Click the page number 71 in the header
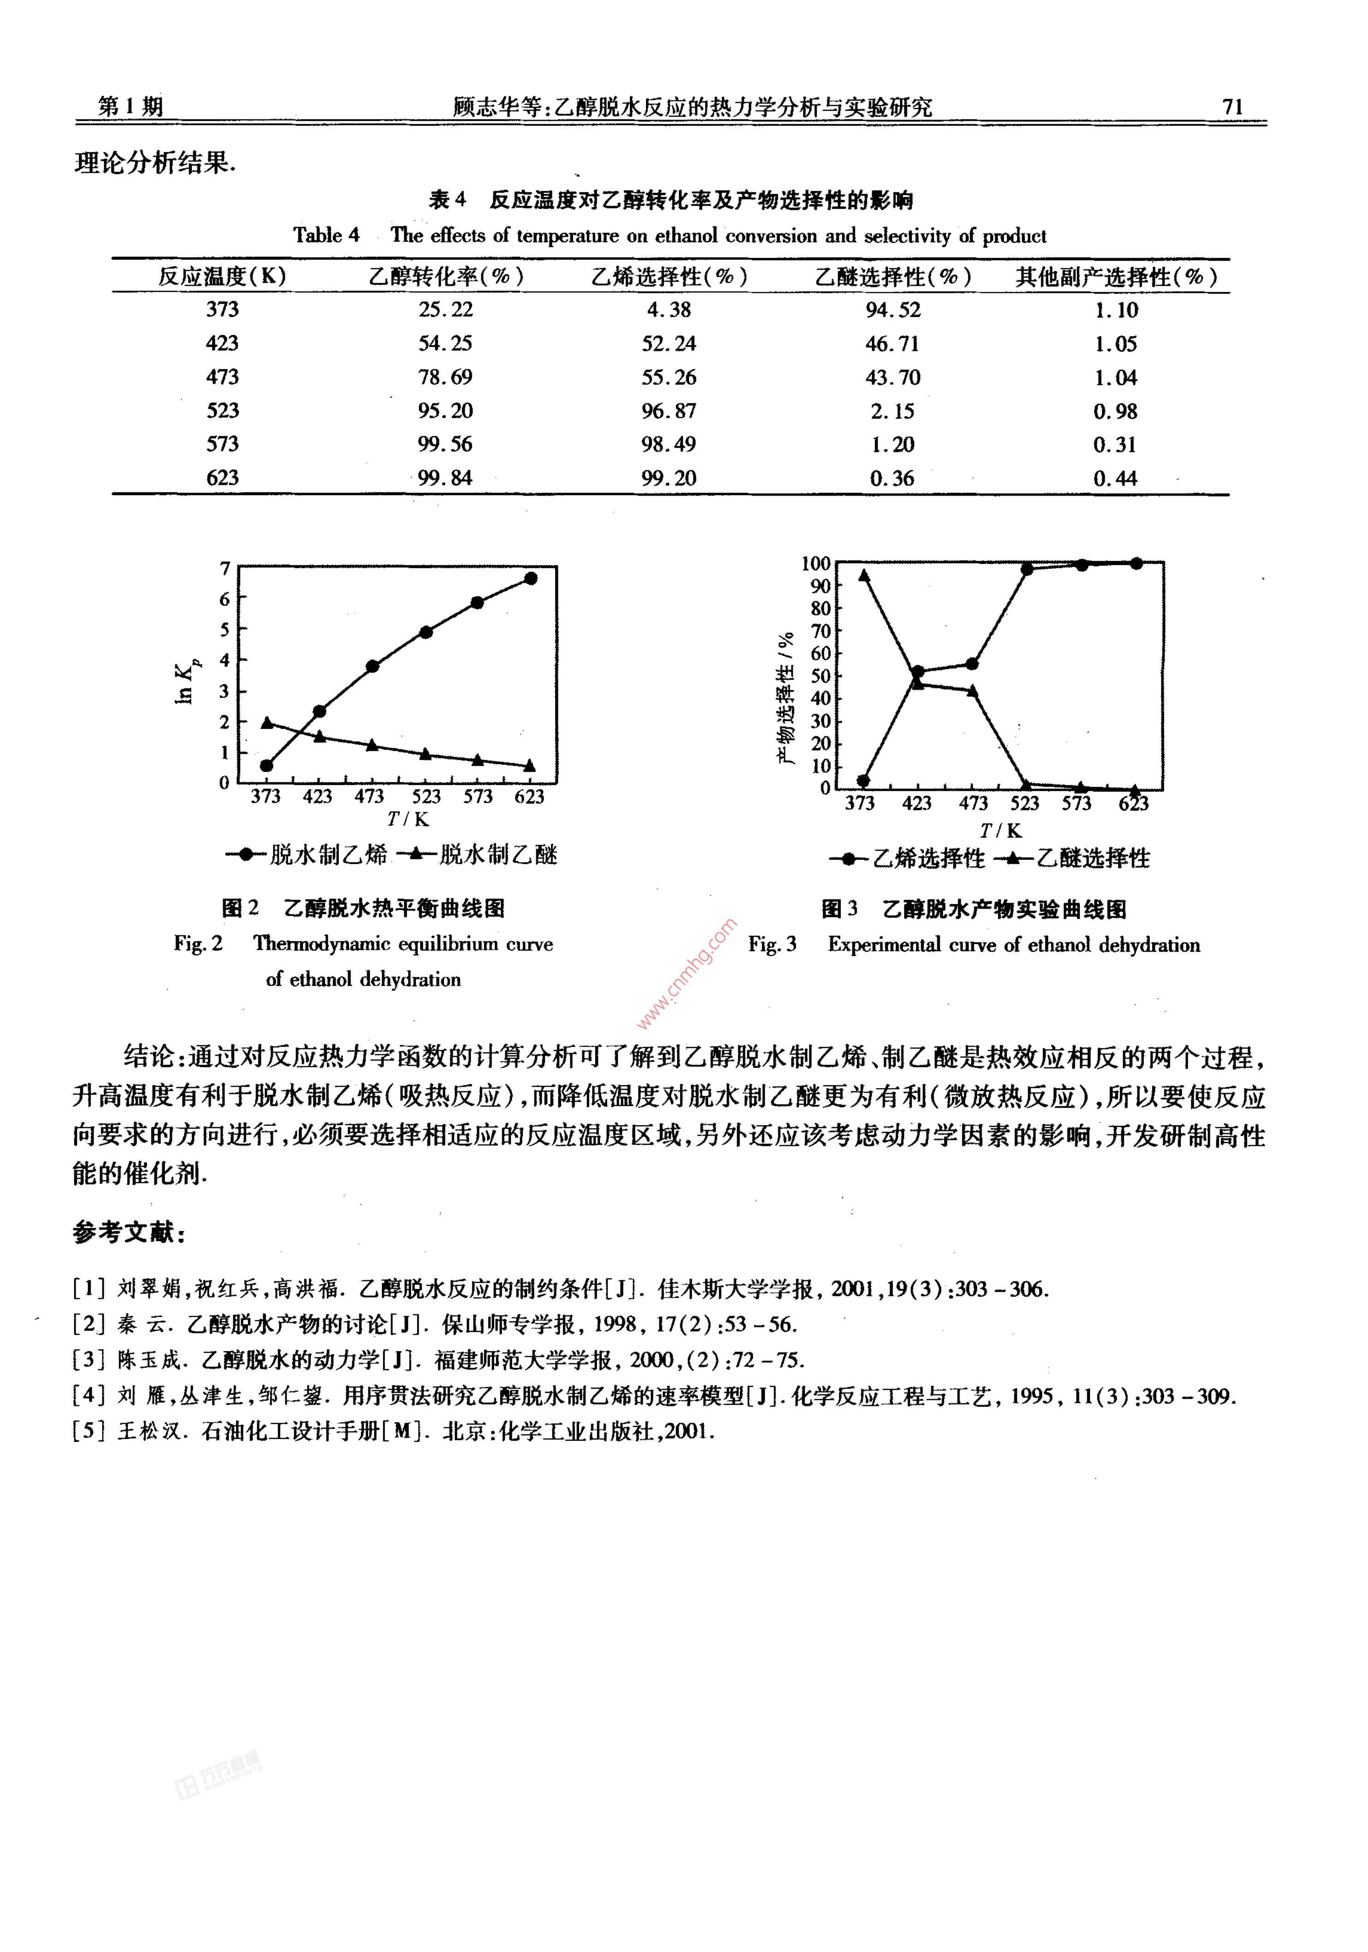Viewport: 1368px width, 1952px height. pyautogui.click(x=1232, y=106)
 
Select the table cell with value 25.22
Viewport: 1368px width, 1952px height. pyautogui.click(x=444, y=309)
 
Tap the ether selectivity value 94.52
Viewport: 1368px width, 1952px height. pyautogui.click(x=893, y=309)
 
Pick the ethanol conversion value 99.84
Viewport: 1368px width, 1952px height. pyautogui.click(x=444, y=478)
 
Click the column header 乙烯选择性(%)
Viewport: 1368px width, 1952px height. pyautogui.click(x=669, y=276)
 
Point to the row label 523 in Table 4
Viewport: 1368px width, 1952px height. pyautogui.click(x=223, y=411)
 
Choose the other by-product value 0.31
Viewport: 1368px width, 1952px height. pyautogui.click(x=1114, y=444)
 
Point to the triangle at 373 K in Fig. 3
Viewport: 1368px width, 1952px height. pyautogui.click(x=864, y=575)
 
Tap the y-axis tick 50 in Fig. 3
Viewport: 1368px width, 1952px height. pyautogui.click(x=820, y=676)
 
